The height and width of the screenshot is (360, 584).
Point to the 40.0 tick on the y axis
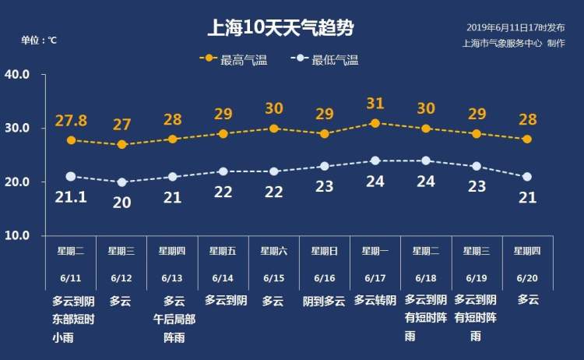click(17, 75)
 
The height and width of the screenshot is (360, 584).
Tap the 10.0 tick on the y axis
click(17, 235)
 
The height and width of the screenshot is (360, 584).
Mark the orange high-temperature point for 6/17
click(375, 123)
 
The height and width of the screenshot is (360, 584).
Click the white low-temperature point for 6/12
click(121, 182)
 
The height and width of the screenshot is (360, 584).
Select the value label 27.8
click(71, 121)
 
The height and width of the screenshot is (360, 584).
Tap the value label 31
click(375, 104)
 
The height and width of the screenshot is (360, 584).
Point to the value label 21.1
click(70, 197)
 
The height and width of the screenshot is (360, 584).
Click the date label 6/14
click(223, 278)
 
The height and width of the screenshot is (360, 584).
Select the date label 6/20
click(527, 278)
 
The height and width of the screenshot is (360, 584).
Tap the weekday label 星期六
click(273, 251)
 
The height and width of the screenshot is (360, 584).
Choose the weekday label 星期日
click(324, 251)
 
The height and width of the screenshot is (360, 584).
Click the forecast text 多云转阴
click(375, 300)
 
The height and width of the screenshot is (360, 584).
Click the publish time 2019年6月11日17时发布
click(515, 27)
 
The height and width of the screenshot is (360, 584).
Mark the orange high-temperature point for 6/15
click(273, 129)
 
